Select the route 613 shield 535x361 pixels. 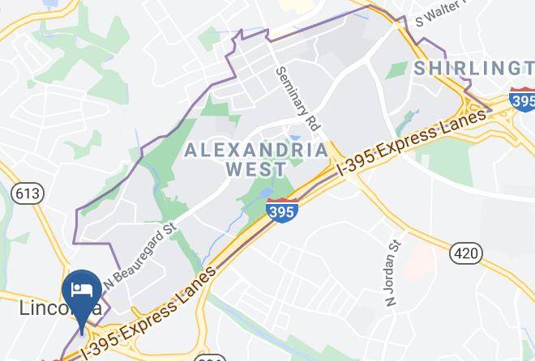(28, 193)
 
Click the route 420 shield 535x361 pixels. (465, 253)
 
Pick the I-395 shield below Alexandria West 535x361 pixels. (281, 210)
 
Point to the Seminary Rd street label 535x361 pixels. (298, 101)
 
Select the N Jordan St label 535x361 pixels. (394, 272)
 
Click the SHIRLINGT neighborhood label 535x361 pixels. (473, 69)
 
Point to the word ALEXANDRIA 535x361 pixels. (256, 150)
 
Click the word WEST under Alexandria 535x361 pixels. (255, 169)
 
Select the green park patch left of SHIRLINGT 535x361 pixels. (396, 70)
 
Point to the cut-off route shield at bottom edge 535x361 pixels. (209, 357)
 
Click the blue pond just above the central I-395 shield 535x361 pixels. (267, 193)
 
